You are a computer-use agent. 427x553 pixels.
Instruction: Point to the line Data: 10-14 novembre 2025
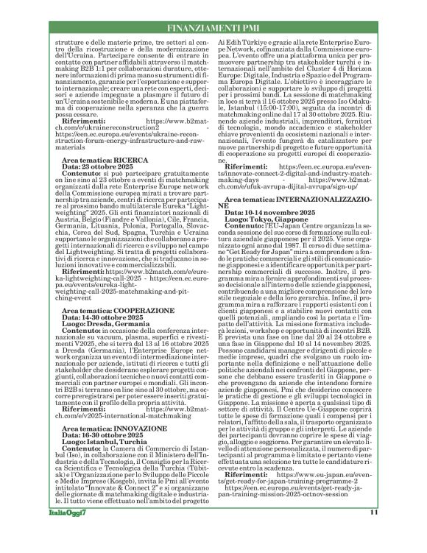(x=268, y=214)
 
